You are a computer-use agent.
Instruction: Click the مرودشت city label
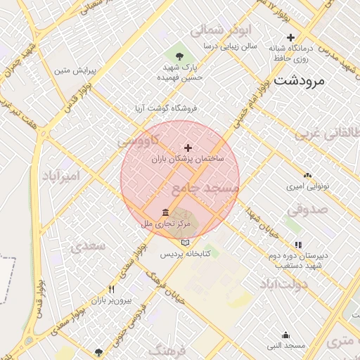(300, 80)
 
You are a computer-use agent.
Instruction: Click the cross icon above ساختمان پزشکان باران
(188, 148)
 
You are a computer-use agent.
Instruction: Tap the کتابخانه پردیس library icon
(185, 242)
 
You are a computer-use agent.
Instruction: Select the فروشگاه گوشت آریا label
(167, 109)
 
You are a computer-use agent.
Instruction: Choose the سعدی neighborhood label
(88, 246)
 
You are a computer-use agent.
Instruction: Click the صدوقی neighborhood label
(307, 208)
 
